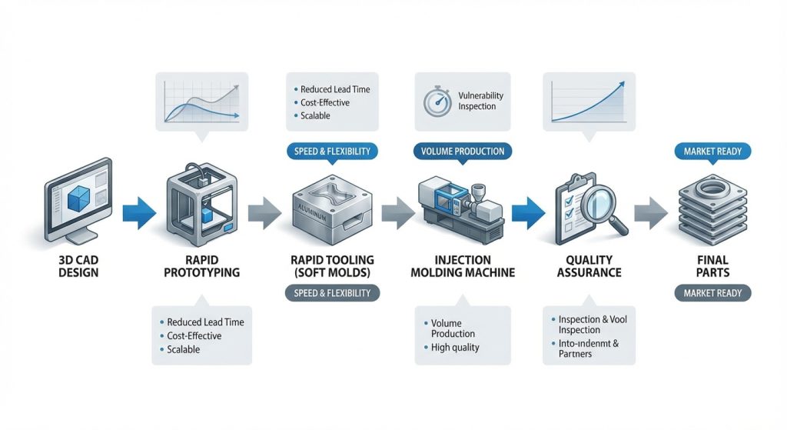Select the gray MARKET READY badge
[x=712, y=293]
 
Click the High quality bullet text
[x=455, y=348]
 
